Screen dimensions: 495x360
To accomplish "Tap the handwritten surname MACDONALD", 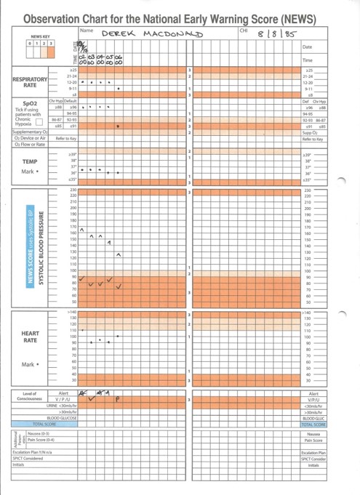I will (x=172, y=34).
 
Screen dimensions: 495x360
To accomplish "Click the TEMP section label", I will (x=30, y=161).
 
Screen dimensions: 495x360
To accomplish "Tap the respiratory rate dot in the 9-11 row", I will (x=118, y=88).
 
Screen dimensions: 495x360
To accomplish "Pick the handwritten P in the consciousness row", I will (x=117, y=399).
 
